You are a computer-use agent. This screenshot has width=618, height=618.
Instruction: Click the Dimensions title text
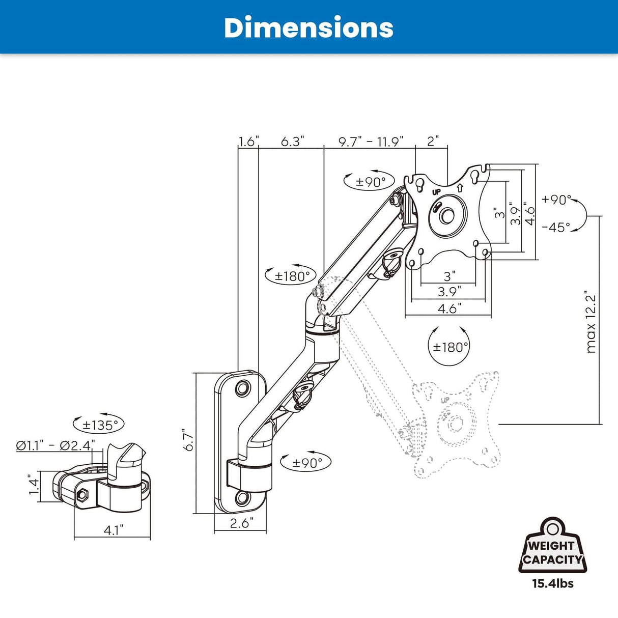[308, 27]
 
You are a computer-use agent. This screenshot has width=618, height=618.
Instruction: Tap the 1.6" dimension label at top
[249, 142]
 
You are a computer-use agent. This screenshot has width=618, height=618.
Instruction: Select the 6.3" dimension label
[292, 142]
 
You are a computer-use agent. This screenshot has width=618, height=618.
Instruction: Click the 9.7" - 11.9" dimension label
[371, 142]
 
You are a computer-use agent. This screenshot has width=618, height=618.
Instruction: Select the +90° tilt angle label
[557, 200]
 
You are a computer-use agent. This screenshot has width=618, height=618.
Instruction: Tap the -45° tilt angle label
[556, 227]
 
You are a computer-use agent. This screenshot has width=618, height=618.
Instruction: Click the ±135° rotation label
[100, 425]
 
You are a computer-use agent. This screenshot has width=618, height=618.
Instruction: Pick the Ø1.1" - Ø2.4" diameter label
[55, 445]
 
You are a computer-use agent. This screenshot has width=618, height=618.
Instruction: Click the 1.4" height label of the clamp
[34, 484]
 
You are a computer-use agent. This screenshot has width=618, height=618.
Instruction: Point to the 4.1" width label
[113, 530]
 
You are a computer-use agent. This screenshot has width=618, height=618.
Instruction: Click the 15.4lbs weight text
[553, 583]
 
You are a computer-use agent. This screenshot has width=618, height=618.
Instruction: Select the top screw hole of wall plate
[242, 388]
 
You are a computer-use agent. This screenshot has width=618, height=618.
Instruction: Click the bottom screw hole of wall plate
[242, 497]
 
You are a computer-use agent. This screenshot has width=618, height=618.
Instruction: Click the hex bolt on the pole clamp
[82, 494]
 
